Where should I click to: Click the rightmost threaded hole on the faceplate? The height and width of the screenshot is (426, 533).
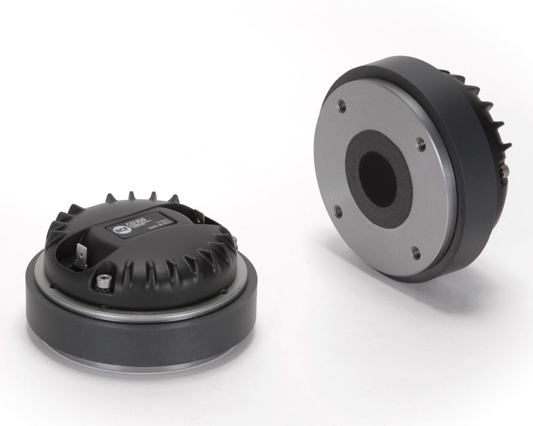tap(420, 144)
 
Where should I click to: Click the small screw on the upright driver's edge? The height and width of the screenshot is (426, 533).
tap(504, 171)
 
